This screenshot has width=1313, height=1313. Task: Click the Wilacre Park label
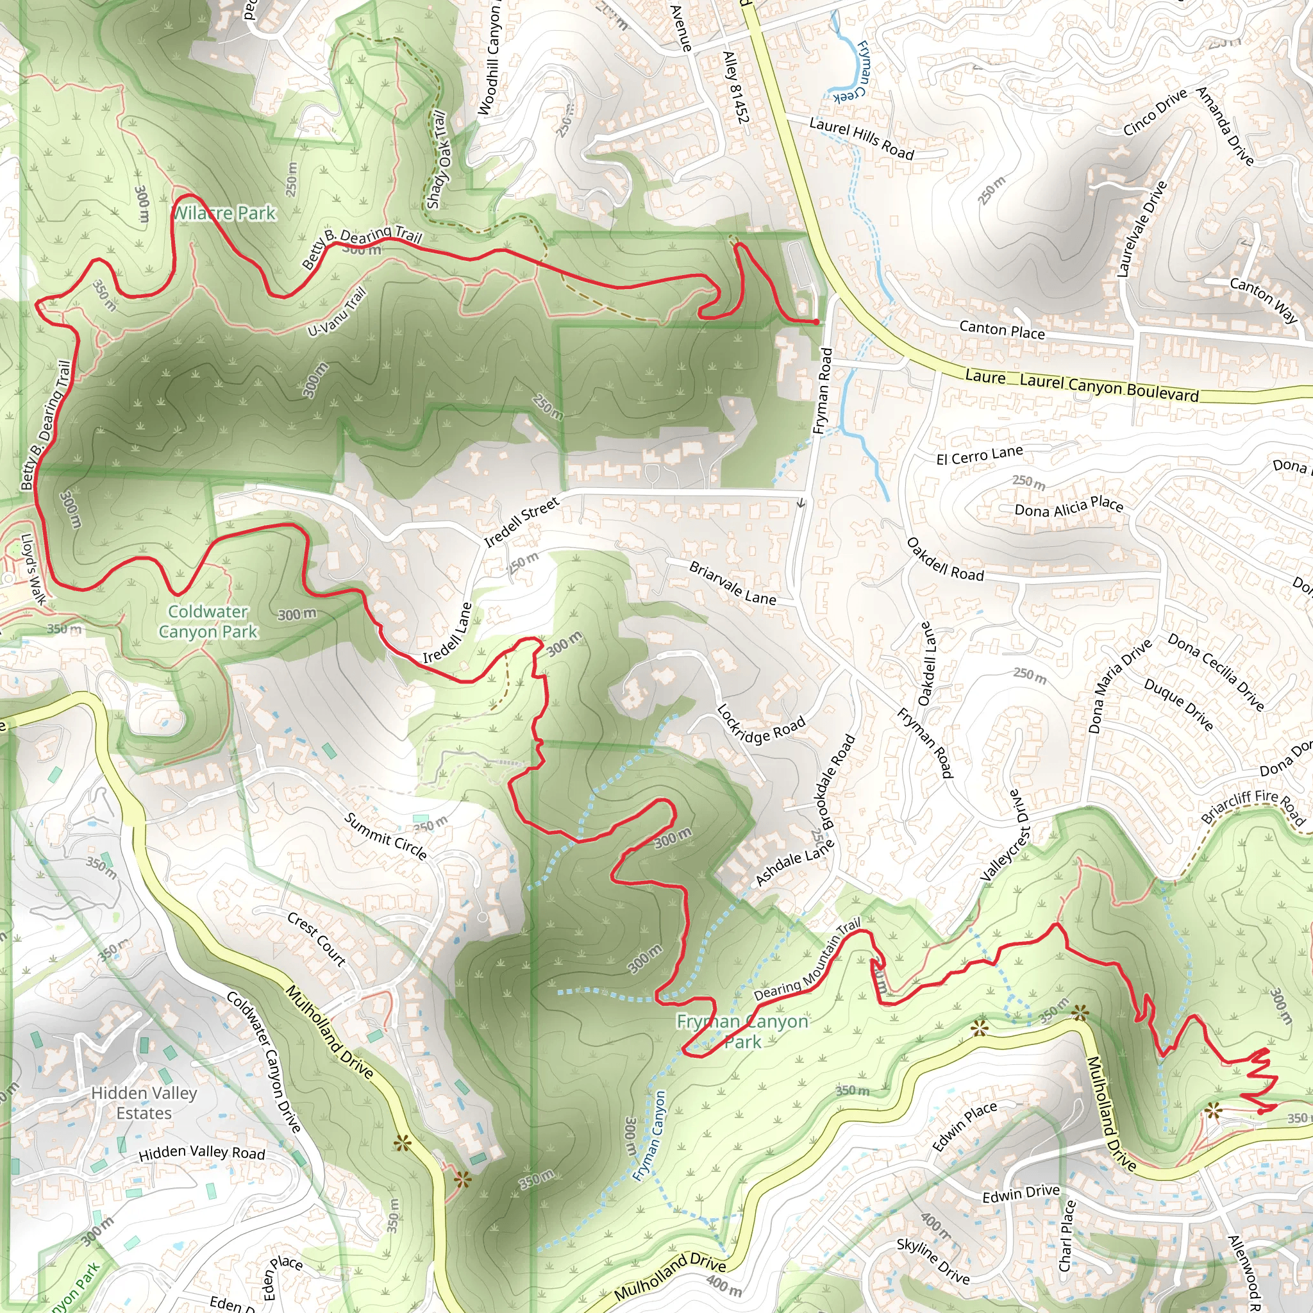[224, 213]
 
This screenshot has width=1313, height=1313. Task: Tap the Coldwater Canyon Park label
[208, 622]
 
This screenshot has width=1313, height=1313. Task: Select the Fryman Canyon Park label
[742, 1032]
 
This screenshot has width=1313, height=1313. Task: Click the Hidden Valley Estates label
[144, 1102]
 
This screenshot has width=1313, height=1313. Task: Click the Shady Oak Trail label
[438, 160]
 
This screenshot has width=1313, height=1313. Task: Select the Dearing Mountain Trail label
[807, 960]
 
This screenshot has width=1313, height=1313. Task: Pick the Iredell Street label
[521, 521]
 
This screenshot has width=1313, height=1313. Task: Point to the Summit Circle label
[385, 836]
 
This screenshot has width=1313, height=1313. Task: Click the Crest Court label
[317, 939]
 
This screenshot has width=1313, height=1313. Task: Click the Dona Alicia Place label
[1068, 507]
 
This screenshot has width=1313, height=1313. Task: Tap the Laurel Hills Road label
[861, 138]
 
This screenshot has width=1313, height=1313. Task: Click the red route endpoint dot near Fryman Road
[815, 321]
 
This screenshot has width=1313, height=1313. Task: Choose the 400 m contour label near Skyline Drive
[936, 1225]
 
